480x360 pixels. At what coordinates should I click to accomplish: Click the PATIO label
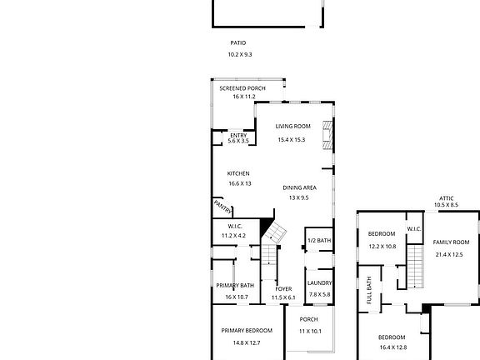pos(238,42)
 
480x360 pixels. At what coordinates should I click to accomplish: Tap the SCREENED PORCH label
pos(242,88)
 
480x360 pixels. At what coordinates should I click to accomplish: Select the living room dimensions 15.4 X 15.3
pos(292,140)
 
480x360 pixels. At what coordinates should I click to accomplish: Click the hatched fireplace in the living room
pos(327,135)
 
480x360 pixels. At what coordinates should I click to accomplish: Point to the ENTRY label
pos(238,135)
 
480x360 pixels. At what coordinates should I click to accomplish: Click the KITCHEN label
pos(238,173)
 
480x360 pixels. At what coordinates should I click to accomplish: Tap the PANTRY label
pos(222,207)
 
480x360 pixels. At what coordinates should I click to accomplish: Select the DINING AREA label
pos(300,187)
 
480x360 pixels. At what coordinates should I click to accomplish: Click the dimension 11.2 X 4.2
pos(233,236)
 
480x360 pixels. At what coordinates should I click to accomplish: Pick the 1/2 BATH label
pos(319,241)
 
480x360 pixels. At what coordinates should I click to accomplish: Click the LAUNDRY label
pos(320,283)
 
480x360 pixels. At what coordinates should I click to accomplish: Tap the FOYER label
pos(283,289)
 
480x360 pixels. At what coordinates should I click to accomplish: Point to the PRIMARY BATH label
pos(235,286)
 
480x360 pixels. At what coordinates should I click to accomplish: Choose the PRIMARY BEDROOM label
pos(247,331)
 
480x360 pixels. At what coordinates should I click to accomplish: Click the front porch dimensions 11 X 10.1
pos(310,331)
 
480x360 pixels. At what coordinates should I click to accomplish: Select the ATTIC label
pos(447,198)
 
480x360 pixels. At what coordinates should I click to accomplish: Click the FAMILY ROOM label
pos(451,242)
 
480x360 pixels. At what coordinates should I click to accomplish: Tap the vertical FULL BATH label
pos(369,290)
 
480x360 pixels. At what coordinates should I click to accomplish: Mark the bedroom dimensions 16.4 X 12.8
pos(393,347)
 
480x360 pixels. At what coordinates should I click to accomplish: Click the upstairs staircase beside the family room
pos(415,267)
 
